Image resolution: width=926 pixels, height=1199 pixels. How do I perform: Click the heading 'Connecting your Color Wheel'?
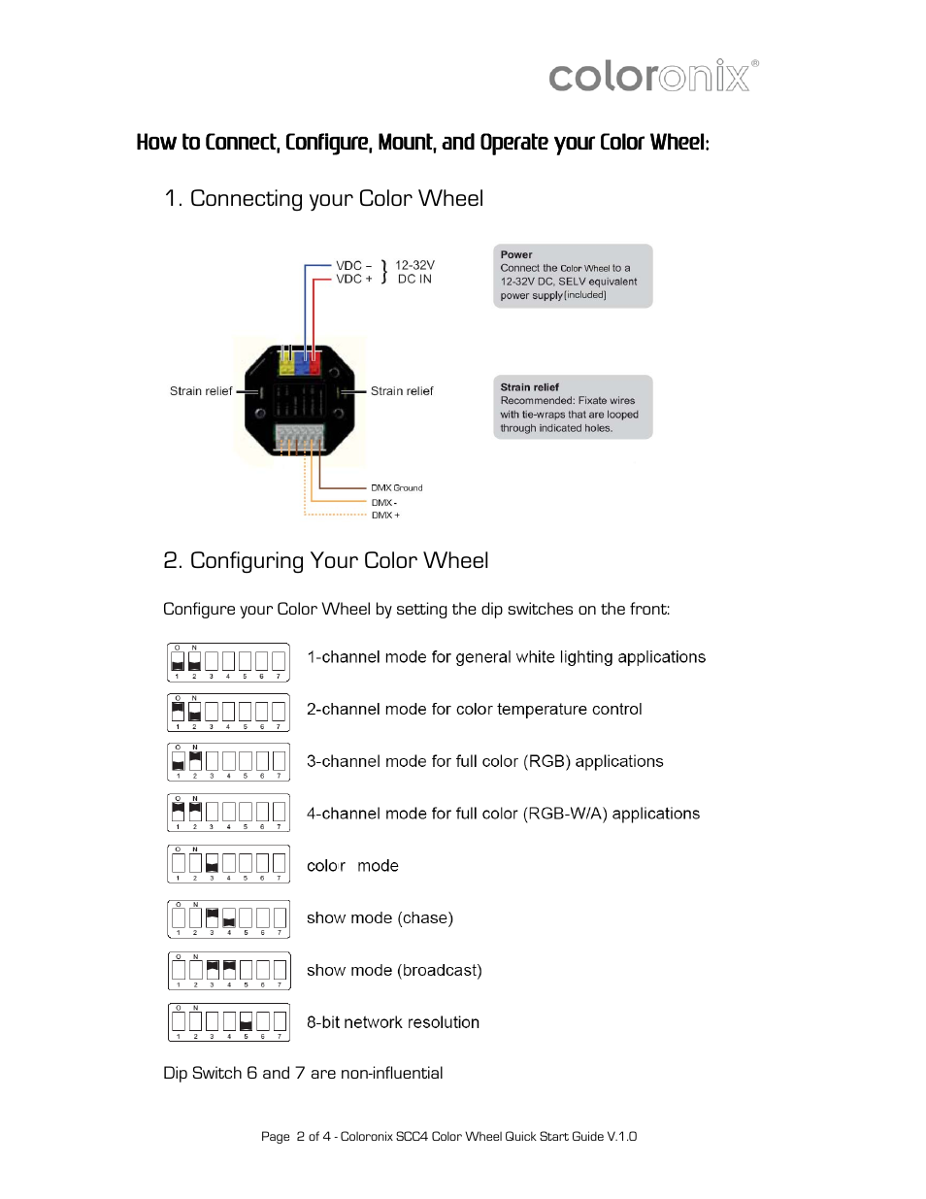tap(324, 198)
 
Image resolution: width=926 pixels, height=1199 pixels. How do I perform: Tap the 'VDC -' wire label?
tap(353, 265)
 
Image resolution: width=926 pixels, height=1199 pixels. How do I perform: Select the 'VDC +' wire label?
tap(353, 279)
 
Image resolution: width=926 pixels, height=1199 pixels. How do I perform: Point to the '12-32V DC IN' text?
tap(414, 272)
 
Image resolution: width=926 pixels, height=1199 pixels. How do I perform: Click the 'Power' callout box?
tap(573, 276)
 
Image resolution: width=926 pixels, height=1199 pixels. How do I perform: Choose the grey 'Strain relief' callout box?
tap(573, 407)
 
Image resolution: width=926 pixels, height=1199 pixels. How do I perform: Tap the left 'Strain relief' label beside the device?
tap(200, 391)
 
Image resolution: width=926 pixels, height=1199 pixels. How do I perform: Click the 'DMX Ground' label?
tap(396, 487)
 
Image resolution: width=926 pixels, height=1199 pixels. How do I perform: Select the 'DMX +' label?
tap(385, 516)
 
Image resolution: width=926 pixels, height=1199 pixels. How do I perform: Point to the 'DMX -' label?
tap(384, 502)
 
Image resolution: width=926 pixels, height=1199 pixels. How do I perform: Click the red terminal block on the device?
tap(313, 366)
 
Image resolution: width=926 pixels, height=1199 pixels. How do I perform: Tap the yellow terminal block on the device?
tap(286, 366)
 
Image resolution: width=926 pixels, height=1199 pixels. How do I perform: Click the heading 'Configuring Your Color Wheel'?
tap(326, 560)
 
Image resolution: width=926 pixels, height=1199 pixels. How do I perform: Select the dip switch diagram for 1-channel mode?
tap(228, 662)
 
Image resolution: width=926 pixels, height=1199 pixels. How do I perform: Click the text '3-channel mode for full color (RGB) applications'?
tap(484, 761)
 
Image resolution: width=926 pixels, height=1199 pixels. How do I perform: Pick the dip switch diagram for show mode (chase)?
tap(228, 918)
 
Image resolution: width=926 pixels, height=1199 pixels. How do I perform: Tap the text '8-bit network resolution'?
tap(392, 1022)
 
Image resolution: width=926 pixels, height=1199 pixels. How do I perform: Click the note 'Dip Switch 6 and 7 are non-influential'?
tap(303, 1073)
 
